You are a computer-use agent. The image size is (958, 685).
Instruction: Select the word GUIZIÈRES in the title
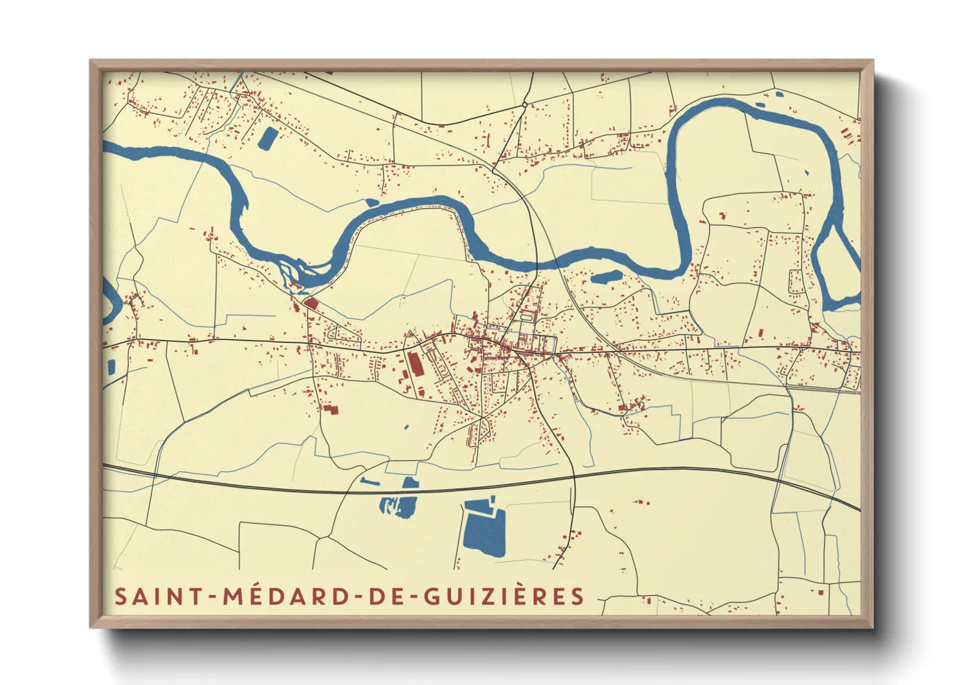[x=504, y=596]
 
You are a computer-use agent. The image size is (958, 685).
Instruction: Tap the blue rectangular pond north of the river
[x=266, y=139]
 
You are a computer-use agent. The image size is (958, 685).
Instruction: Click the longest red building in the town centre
[x=415, y=365]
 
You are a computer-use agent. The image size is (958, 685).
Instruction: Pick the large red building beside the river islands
[x=311, y=302]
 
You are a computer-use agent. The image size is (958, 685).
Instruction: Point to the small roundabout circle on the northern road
[x=524, y=104]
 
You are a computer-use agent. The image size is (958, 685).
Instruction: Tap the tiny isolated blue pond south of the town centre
[x=407, y=427]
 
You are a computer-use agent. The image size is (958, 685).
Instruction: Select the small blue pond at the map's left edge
[x=111, y=367]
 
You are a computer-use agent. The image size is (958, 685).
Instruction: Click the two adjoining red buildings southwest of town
[x=331, y=409]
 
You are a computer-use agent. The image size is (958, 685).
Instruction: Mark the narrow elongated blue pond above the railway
[x=370, y=482]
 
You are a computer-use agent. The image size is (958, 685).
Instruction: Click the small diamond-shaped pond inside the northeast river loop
[x=806, y=172]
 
